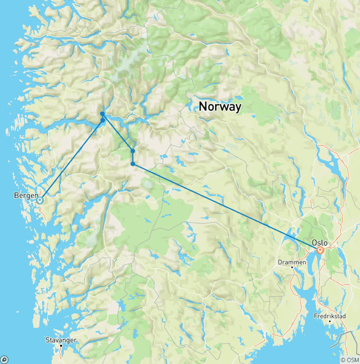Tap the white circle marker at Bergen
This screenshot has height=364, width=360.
click(40, 200)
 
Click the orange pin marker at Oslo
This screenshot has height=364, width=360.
click(320, 250)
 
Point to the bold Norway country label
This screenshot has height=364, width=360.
click(220, 106)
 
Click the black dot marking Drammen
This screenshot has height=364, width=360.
click(293, 268)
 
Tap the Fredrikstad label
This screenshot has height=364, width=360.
click(330, 316)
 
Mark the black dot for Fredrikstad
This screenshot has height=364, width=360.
click(330, 321)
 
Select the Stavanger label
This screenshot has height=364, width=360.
click(60, 340)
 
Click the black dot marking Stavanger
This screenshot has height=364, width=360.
click(60, 346)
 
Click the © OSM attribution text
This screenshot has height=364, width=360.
click(350, 360)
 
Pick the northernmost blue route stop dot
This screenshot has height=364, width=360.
click(102, 114)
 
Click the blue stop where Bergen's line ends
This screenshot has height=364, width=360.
click(103, 120)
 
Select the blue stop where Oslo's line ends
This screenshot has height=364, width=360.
click(133, 164)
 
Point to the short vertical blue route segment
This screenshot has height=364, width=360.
click(133, 158)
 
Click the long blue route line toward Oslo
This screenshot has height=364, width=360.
click(225, 206)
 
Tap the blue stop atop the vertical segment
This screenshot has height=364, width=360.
click(133, 151)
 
